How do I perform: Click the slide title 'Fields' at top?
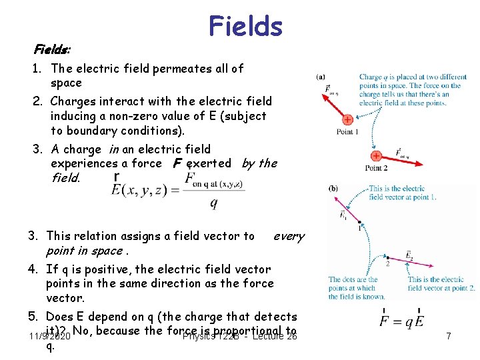(245, 26)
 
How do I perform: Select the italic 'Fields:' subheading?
(53, 50)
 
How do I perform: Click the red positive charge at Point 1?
(347, 120)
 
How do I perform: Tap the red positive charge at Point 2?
(376, 156)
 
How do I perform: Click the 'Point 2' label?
(376, 168)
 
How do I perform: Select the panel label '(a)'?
(321, 77)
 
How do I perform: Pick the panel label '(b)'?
(333, 189)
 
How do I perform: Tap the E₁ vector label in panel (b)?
(343, 215)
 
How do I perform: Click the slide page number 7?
(448, 337)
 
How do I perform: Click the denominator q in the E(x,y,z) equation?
(213, 204)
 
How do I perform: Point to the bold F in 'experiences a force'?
(177, 163)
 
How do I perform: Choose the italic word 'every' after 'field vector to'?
(289, 236)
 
